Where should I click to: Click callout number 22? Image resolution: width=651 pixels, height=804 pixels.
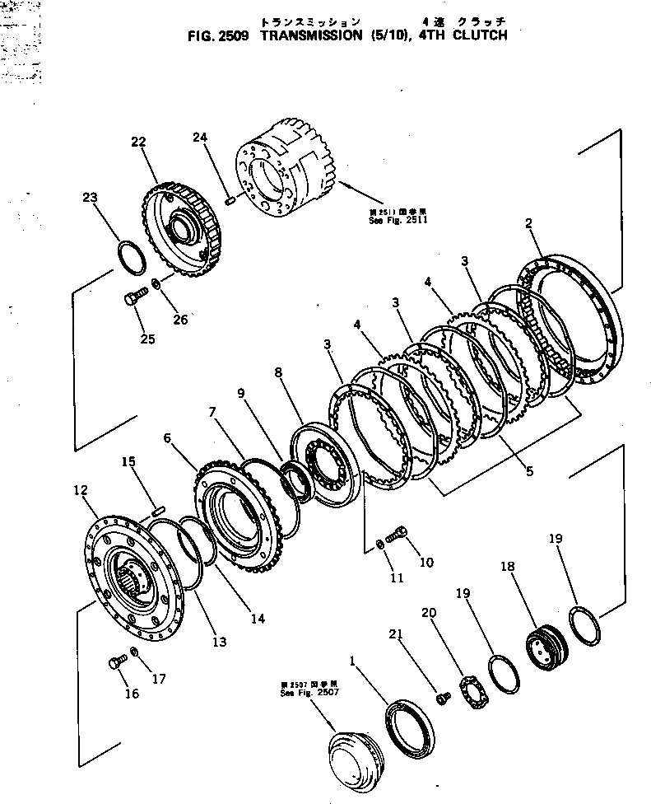click(137, 142)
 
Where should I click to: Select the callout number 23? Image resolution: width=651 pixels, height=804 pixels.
click(90, 197)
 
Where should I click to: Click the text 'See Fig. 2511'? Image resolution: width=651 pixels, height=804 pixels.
click(401, 220)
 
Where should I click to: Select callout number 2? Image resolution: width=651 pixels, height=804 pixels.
click(528, 222)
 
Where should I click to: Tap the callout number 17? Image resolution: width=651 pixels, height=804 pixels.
click(158, 679)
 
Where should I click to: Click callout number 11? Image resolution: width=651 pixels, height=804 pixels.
click(397, 577)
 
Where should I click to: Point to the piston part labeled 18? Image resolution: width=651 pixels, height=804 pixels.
click(542, 638)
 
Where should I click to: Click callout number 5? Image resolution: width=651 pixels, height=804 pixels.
click(529, 471)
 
